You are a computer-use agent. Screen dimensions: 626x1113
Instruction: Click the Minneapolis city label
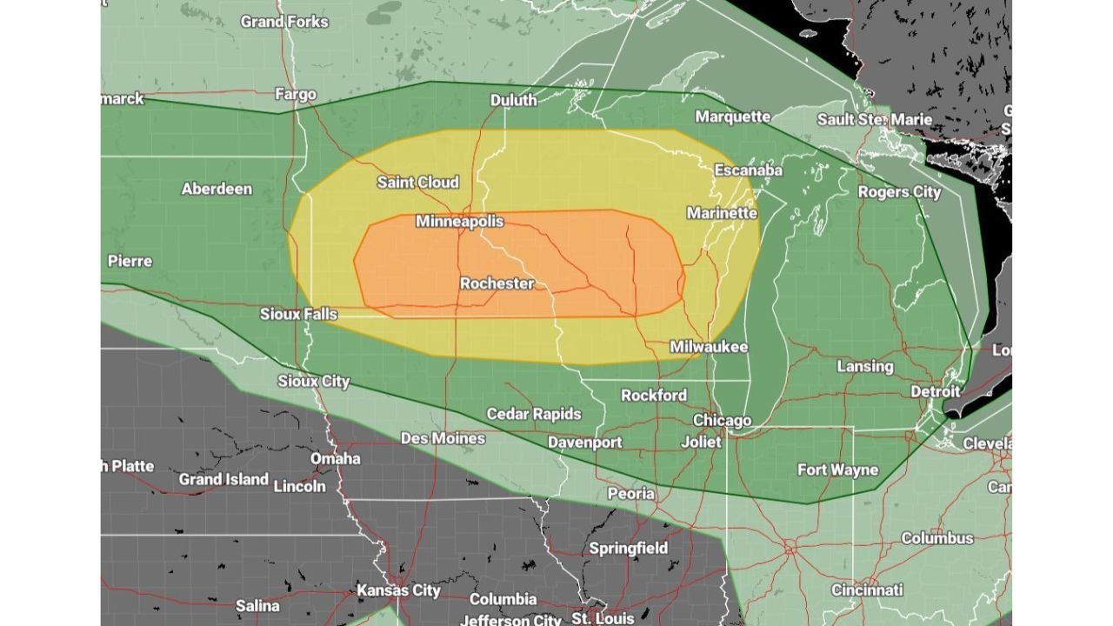(x=459, y=221)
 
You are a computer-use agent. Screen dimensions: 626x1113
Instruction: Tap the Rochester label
(x=497, y=283)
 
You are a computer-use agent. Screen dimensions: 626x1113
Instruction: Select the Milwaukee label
(x=709, y=347)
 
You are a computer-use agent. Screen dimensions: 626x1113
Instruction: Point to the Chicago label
(x=722, y=421)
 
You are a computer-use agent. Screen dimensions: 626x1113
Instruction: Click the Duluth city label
(x=513, y=100)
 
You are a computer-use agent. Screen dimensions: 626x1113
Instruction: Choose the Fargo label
(x=296, y=94)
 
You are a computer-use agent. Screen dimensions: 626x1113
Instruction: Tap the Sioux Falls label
(x=298, y=314)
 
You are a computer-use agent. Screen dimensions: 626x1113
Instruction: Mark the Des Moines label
(x=443, y=438)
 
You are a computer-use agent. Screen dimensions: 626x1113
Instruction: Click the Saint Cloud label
(x=417, y=183)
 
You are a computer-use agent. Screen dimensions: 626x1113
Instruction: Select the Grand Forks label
(x=284, y=21)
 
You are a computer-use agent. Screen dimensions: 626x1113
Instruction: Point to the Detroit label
(x=935, y=392)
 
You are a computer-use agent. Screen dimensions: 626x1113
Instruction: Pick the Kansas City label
(x=399, y=590)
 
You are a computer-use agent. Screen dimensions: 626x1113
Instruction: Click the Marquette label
(x=733, y=117)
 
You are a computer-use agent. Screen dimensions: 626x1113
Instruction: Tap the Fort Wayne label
(x=837, y=469)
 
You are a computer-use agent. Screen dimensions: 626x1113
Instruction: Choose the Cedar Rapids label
(x=533, y=414)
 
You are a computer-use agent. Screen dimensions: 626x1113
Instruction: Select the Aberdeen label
(x=217, y=189)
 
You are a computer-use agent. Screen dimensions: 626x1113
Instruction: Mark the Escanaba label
(x=748, y=170)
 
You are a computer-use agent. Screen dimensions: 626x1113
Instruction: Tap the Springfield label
(x=628, y=548)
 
